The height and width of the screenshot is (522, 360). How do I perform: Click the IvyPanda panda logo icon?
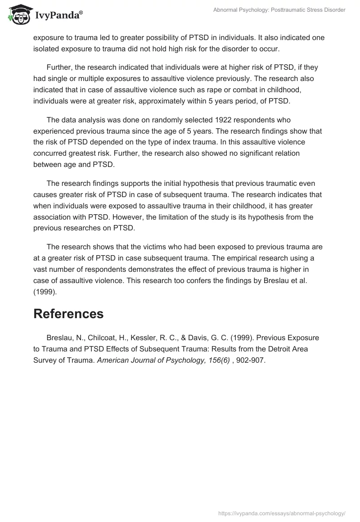point(17,14)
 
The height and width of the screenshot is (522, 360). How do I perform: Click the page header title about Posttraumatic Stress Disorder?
point(279,10)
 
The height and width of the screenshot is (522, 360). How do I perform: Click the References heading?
point(68,314)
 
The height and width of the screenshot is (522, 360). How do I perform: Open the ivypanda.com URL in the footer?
point(282,513)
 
